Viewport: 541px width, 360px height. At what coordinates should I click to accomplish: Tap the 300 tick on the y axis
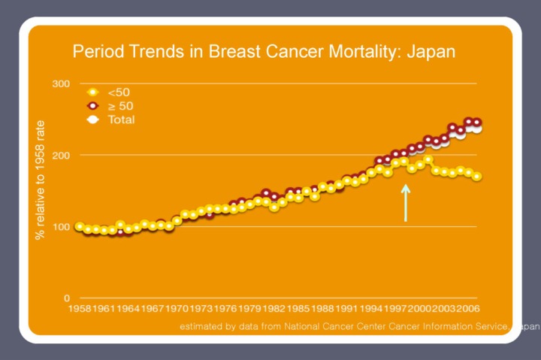point(61,83)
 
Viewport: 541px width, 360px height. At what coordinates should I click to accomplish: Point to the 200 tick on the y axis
point(61,155)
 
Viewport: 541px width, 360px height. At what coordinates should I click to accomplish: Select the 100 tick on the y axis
point(61,226)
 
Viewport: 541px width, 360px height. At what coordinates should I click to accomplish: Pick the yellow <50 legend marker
point(93,92)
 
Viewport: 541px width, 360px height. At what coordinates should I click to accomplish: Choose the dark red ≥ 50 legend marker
point(93,106)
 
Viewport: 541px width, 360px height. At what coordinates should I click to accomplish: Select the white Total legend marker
point(93,119)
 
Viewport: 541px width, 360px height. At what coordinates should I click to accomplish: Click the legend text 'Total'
point(122,119)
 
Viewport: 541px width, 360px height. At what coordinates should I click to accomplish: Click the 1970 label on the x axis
point(177,308)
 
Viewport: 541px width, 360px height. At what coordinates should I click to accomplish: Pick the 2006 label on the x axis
point(467,308)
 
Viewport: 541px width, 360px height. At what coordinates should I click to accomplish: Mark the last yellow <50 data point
point(477,177)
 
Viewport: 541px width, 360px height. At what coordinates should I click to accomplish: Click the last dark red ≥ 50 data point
point(477,123)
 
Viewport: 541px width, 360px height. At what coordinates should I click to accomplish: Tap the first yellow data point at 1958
point(79,226)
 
